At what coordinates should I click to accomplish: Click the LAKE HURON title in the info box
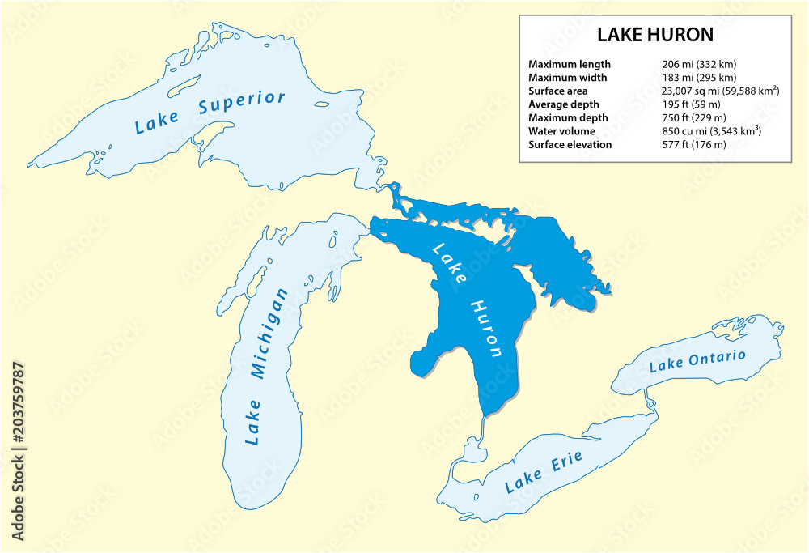[654, 36]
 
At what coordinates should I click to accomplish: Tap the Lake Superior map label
[210, 113]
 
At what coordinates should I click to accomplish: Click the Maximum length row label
[570, 64]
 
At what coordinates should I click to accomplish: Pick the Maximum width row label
[567, 78]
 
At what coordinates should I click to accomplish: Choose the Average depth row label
[564, 104]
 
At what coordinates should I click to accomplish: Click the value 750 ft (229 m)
[694, 118]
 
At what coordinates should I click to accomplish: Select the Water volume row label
[561, 131]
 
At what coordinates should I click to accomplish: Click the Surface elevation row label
[570, 144]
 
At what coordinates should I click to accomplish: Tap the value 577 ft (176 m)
[694, 144]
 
